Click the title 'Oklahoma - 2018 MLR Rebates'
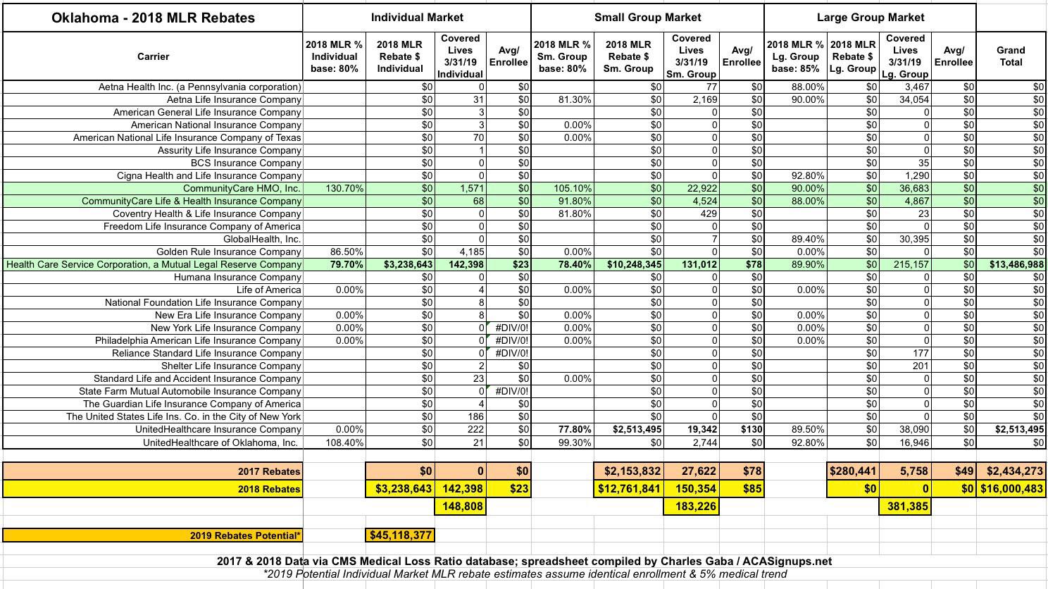[153, 18]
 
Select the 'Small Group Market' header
[647, 17]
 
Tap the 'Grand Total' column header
[1011, 56]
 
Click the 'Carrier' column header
[153, 56]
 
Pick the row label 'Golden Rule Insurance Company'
[229, 252]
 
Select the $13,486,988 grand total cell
[1010, 264]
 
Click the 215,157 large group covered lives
[905, 264]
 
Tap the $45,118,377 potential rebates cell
[400, 535]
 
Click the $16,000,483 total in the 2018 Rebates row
[1010, 488]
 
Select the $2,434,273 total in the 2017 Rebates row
[1010, 471]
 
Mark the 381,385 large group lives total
[905, 506]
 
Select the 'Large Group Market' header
[870, 17]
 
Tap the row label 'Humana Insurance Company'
[237, 277]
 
